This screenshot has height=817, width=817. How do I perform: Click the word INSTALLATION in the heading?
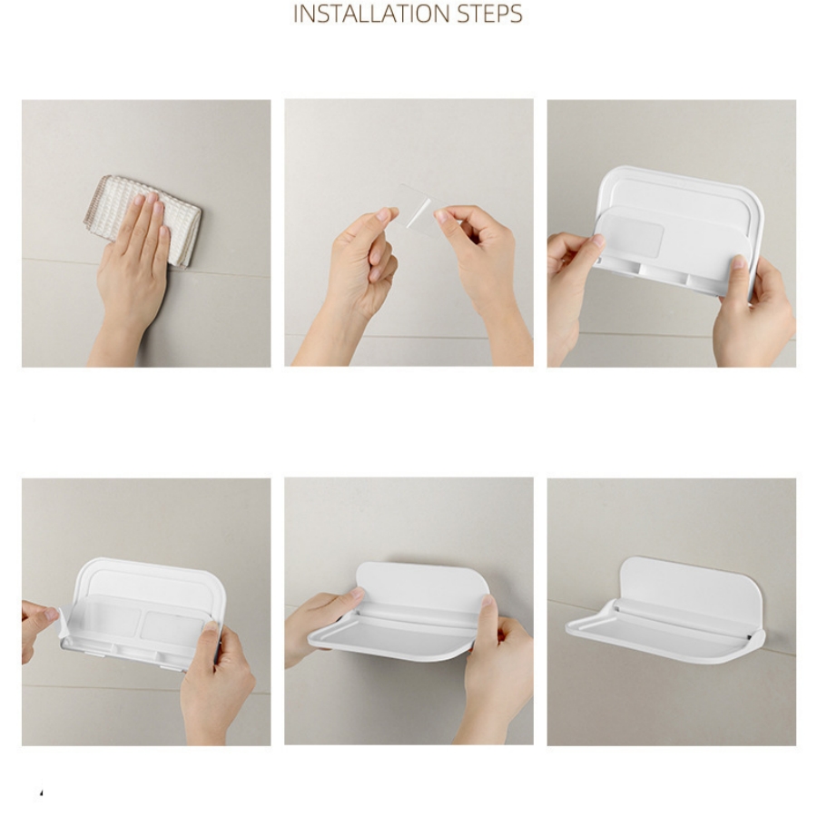pos(372,14)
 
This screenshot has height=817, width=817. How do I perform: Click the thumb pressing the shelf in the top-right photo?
pos(740,270)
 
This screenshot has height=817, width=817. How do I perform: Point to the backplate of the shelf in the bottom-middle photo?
pos(422,584)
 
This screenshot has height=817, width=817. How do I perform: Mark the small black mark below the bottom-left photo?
pos(41,793)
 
